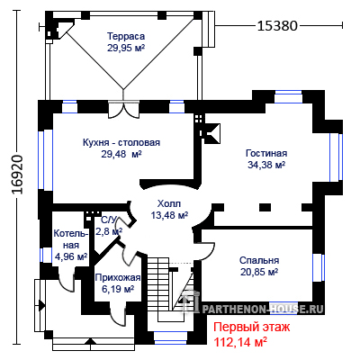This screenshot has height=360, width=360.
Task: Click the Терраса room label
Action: [126, 36]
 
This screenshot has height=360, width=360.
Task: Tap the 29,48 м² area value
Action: [121, 154]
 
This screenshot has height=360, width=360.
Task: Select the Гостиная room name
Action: [266, 153]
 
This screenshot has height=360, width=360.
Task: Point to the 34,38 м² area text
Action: [266, 165]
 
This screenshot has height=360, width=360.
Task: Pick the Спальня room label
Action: [259, 260]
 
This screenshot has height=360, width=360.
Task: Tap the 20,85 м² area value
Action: [259, 272]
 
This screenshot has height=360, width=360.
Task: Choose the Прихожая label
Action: [118, 278]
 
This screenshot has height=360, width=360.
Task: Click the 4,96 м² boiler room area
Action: [71, 256]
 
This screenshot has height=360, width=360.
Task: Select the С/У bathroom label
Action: [108, 220]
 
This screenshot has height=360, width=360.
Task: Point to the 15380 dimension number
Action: [277, 26]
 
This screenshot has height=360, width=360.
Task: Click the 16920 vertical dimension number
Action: [18, 175]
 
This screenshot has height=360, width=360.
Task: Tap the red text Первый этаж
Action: [251, 327]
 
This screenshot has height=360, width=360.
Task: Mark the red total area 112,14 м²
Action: [240, 341]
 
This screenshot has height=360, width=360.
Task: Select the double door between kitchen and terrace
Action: [123, 110]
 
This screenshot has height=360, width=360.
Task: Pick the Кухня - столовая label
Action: [121, 142]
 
